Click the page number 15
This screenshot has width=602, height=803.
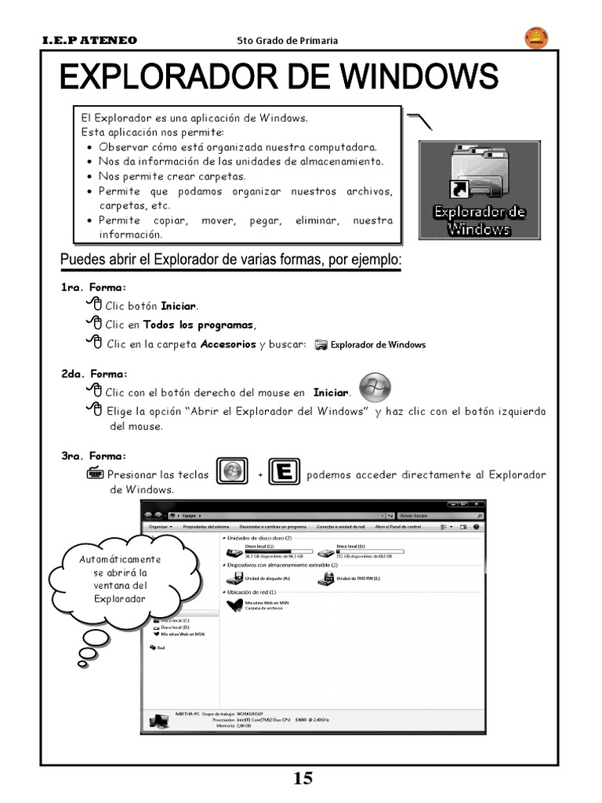(303, 778)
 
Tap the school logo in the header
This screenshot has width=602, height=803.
(535, 38)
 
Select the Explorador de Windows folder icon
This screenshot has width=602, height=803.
(479, 176)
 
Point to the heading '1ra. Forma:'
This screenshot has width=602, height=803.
(93, 288)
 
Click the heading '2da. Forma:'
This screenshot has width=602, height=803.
(94, 374)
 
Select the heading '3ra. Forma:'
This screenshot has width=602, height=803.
(93, 456)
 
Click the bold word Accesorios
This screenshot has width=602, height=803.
(228, 343)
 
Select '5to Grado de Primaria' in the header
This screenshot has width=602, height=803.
(287, 40)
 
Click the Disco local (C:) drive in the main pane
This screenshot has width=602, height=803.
(235, 554)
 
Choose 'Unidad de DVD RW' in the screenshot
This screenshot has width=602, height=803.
(327, 580)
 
